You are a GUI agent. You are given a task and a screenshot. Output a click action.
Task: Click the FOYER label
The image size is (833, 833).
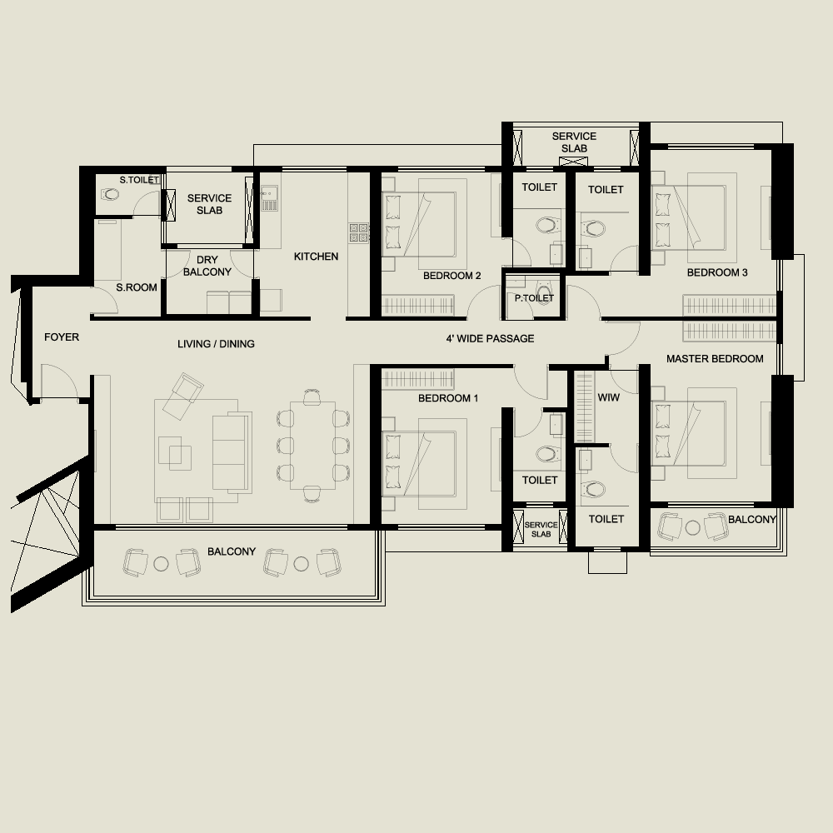(62, 337)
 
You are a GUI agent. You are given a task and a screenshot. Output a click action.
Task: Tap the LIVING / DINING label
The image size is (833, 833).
(216, 344)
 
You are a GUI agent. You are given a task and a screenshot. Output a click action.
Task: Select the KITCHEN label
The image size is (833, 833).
(316, 257)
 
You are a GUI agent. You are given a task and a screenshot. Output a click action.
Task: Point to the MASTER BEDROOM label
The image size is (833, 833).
(715, 359)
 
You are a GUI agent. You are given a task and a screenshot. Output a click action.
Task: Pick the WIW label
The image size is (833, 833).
(609, 398)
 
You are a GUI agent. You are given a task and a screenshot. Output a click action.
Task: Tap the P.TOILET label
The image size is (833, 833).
(534, 298)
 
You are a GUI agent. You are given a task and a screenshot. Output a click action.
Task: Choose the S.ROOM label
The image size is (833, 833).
(137, 288)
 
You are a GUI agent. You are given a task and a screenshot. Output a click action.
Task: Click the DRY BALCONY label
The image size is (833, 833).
(207, 267)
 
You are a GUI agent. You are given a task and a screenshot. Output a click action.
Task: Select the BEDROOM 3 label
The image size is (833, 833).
(717, 272)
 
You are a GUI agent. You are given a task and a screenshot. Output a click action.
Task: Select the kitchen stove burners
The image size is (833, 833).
(359, 232)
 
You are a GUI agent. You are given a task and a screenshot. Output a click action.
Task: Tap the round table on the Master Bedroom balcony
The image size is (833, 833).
(693, 526)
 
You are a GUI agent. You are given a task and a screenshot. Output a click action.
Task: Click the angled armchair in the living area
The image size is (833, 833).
(182, 396)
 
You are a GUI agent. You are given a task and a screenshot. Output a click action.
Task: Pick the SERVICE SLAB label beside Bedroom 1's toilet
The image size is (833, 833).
(541, 529)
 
